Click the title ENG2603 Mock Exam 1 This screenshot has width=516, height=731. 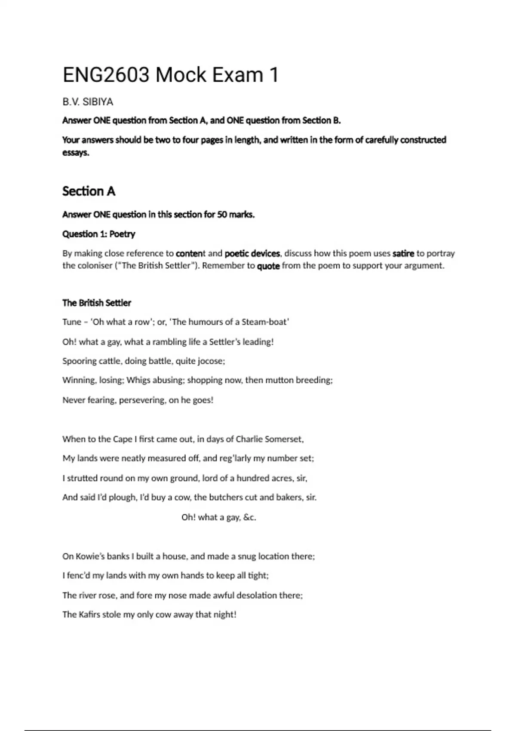click(x=171, y=75)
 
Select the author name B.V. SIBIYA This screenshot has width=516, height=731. click(x=88, y=102)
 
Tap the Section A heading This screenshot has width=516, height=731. click(x=89, y=191)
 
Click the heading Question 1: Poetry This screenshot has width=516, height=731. click(x=98, y=234)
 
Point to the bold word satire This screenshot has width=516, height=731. click(x=403, y=253)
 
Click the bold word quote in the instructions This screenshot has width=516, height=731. click(x=268, y=266)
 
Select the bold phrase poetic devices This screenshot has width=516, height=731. click(x=252, y=253)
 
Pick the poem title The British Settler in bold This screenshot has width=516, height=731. click(x=96, y=303)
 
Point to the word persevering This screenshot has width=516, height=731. click(x=141, y=400)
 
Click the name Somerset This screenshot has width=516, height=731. click(x=284, y=439)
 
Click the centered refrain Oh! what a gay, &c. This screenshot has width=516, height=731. click(x=218, y=517)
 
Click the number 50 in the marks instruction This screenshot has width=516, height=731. click(x=222, y=214)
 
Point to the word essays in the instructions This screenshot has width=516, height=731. click(x=75, y=153)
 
